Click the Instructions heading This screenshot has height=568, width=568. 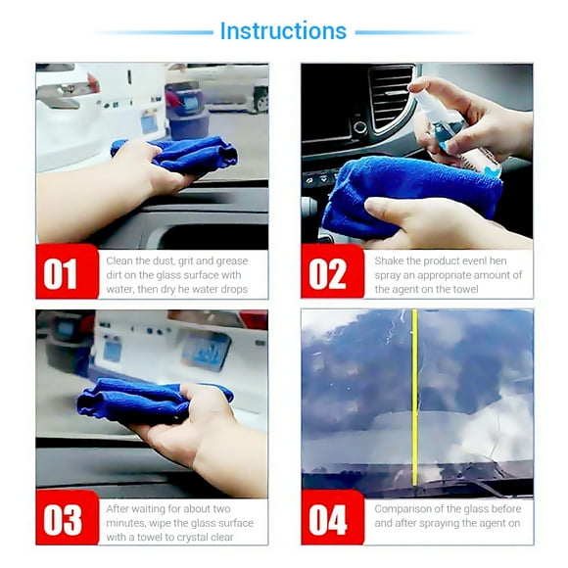pyautogui.click(x=283, y=30)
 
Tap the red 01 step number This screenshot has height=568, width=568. pyautogui.click(x=60, y=274)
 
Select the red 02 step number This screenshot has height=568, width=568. pyautogui.click(x=328, y=274)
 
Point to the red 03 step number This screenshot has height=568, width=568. pyautogui.click(x=63, y=520)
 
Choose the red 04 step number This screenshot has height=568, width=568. pyautogui.click(x=328, y=520)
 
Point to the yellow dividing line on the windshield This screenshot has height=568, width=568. pyautogui.click(x=415, y=398)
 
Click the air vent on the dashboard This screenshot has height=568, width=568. pyautogui.click(x=391, y=96)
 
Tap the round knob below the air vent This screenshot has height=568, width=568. pyautogui.click(x=360, y=127)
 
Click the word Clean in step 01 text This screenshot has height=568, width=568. pyautogui.click(x=119, y=260)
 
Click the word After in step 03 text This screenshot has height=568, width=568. pyautogui.click(x=118, y=508)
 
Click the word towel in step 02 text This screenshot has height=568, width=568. pyautogui.click(x=465, y=289)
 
